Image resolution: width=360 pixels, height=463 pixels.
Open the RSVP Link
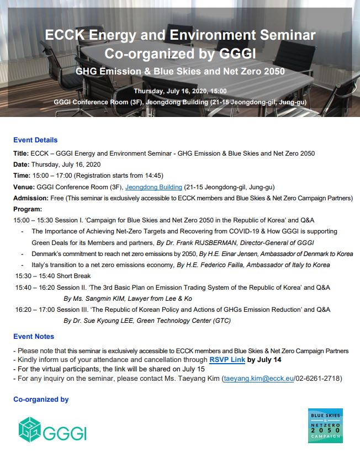click(x=227, y=359)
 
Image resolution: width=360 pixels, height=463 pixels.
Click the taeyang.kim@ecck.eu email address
click(x=256, y=378)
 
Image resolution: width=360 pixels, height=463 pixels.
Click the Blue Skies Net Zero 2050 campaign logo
click(x=325, y=425)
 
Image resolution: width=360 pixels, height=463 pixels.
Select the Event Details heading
click(x=35, y=140)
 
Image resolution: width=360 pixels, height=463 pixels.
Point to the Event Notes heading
click(x=34, y=336)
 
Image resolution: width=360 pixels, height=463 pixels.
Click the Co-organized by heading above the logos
click(x=41, y=399)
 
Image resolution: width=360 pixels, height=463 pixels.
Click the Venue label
click(x=24, y=187)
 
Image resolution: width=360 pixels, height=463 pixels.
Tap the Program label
click(x=27, y=209)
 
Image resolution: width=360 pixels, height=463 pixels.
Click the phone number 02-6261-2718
click(x=317, y=378)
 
